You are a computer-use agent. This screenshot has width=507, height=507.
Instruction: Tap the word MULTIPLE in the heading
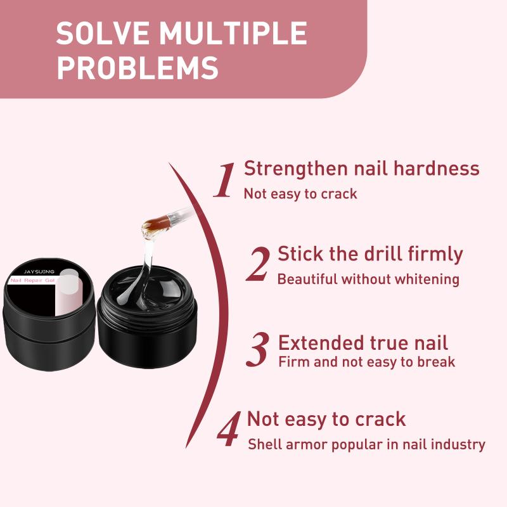[x=233, y=33]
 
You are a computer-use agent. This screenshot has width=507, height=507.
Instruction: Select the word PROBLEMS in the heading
[x=138, y=68]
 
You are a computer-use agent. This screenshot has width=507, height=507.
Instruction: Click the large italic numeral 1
[x=224, y=180]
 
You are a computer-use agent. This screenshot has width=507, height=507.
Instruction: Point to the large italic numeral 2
[x=258, y=264]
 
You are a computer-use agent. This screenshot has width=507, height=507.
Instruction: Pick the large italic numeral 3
[x=258, y=349]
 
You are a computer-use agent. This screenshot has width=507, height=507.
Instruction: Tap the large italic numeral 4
[x=229, y=429]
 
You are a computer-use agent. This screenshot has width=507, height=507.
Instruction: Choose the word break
[x=436, y=362]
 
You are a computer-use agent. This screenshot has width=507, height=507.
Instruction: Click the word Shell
[x=265, y=445]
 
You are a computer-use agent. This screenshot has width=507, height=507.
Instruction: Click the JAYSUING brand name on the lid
[x=39, y=272]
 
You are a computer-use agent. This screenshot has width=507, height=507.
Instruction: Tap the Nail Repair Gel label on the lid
[x=32, y=280]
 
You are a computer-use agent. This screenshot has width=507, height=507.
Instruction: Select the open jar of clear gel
[x=147, y=317]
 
